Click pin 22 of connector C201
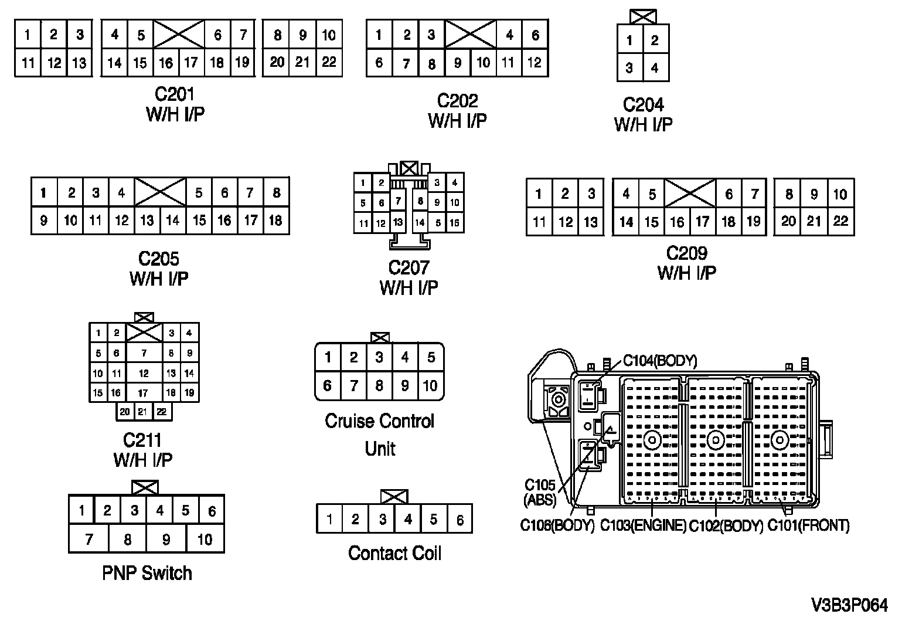pos(329,62)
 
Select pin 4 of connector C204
pos(655,68)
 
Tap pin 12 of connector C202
pos(535,63)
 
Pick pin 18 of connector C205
pos(276,221)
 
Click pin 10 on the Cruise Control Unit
pos(430,386)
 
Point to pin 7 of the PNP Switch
pos(89,539)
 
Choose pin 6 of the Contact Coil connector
pos(460,520)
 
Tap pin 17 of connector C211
pos(143,393)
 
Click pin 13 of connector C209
pos(591,222)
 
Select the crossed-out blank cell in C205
pos(160,192)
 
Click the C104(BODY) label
pos(660,361)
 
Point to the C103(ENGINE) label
pos(643,526)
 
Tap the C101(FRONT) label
pos(809,526)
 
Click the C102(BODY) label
pos(726,526)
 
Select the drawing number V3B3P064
pos(850,605)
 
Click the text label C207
pos(409,268)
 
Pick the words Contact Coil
pos(394,553)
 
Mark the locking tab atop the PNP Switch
pos(145,487)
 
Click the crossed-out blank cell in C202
pos(471,34)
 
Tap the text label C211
pos(142,440)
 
